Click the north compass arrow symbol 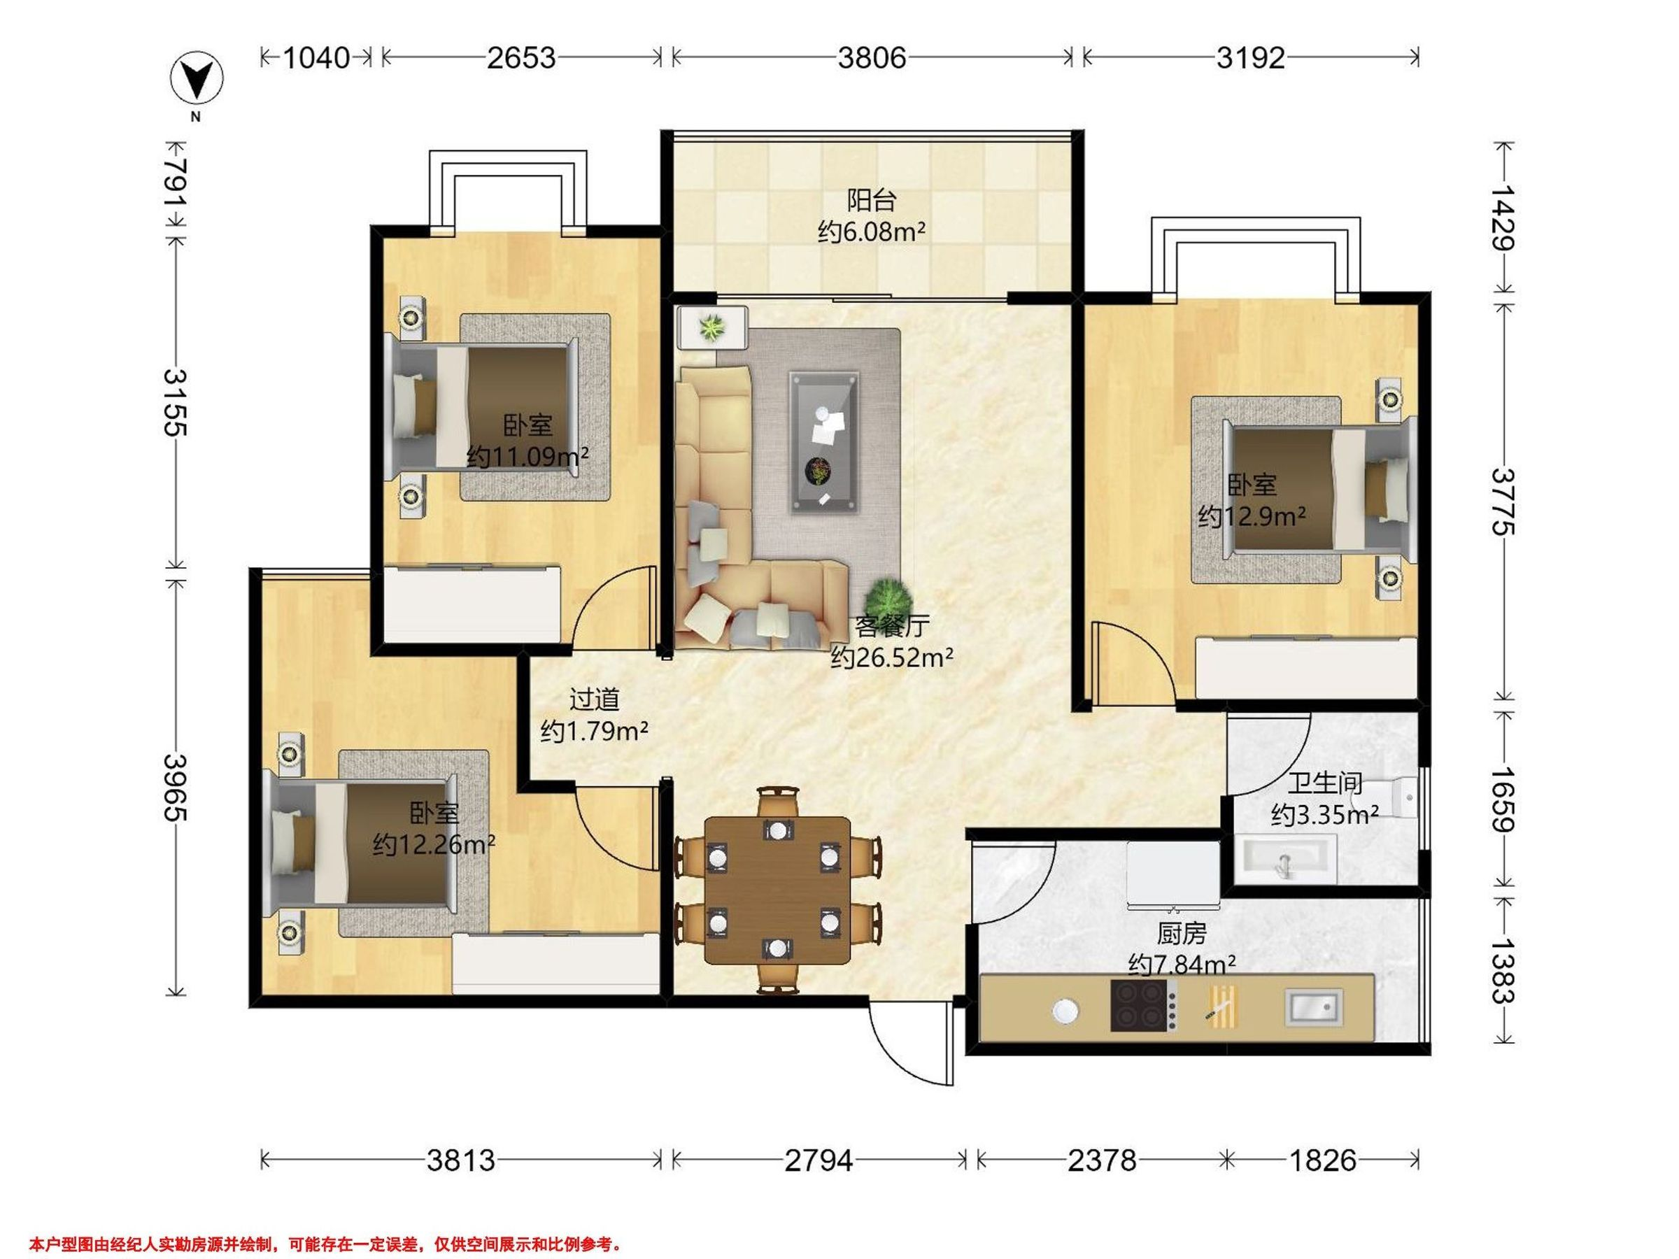197,79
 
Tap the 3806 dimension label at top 872,57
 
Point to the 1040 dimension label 316,57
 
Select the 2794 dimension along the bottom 819,1160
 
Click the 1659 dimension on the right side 1503,799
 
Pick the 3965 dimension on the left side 176,788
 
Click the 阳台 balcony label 872,200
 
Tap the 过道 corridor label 595,699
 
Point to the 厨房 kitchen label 1182,932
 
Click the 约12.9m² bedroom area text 1252,517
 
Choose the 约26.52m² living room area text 892,657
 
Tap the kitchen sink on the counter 1312,1008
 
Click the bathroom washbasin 1287,859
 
